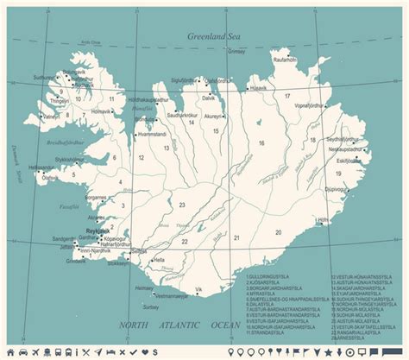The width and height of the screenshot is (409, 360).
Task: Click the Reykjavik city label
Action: click(98, 231)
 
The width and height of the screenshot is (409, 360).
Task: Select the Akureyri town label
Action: click(214, 115)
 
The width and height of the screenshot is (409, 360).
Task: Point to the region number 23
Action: click(182, 204)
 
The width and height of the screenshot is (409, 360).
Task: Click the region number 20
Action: click(278, 232)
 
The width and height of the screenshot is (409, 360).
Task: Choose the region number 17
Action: click(286, 96)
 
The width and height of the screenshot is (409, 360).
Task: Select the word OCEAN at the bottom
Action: click(226, 325)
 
